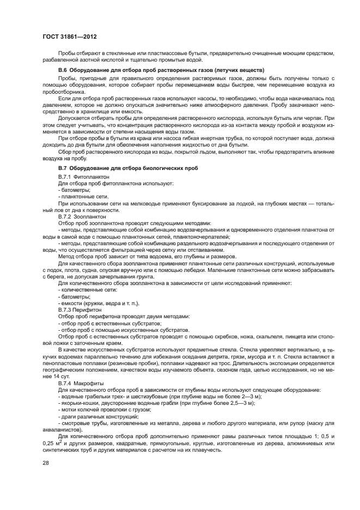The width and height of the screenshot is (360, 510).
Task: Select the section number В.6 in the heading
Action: (x=63, y=70)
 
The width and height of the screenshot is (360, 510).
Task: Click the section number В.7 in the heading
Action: (x=63, y=168)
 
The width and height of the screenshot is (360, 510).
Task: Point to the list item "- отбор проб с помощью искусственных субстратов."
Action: (x=124, y=330)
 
